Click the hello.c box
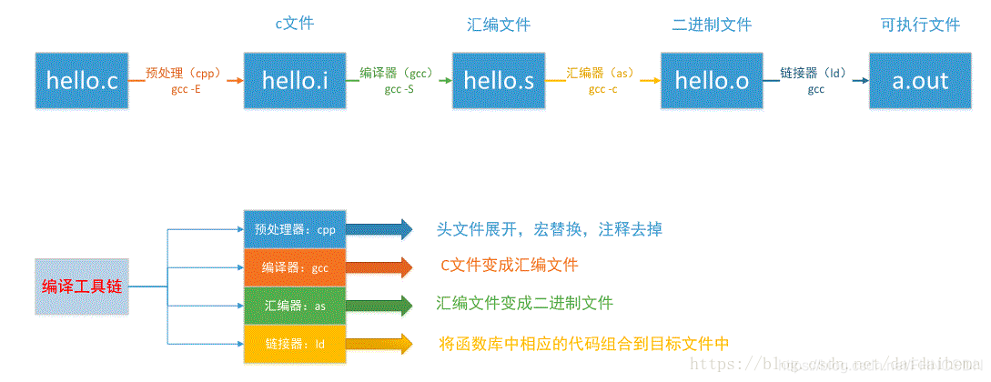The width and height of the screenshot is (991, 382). point(82,81)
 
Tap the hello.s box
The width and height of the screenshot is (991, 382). point(499,81)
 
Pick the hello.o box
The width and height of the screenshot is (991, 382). point(712,81)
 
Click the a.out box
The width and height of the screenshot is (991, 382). point(920,81)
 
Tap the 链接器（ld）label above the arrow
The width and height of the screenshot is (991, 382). point(815,73)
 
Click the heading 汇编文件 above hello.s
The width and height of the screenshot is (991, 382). point(499,25)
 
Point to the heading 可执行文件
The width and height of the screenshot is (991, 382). point(920,25)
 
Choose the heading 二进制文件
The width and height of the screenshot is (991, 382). point(712,25)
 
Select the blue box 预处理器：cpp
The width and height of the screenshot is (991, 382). point(296,229)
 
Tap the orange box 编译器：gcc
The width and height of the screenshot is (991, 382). point(296,267)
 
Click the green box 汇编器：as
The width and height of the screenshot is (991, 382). point(296,306)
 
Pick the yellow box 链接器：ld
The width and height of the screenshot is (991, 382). point(296,345)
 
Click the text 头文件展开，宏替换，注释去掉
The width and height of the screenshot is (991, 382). point(549,229)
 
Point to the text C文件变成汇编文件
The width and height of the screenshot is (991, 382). point(508,266)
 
